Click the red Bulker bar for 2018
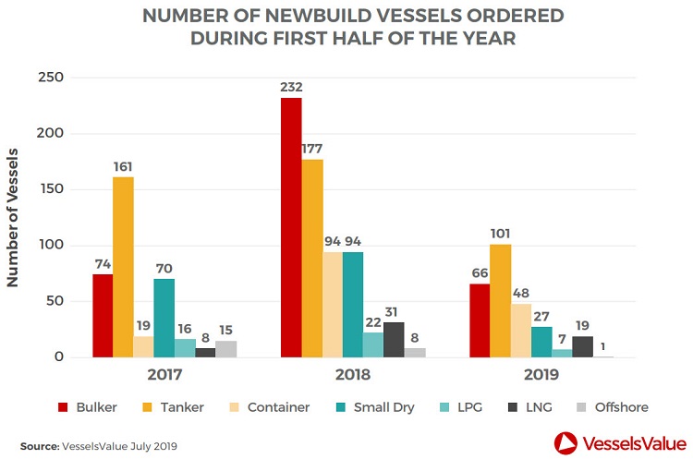click(x=291, y=227)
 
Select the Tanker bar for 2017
click(x=123, y=267)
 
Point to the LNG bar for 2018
click(x=394, y=340)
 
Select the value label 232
click(x=291, y=87)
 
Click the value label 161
click(x=123, y=166)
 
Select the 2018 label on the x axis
click(x=352, y=376)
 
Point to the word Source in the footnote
click(x=39, y=446)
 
